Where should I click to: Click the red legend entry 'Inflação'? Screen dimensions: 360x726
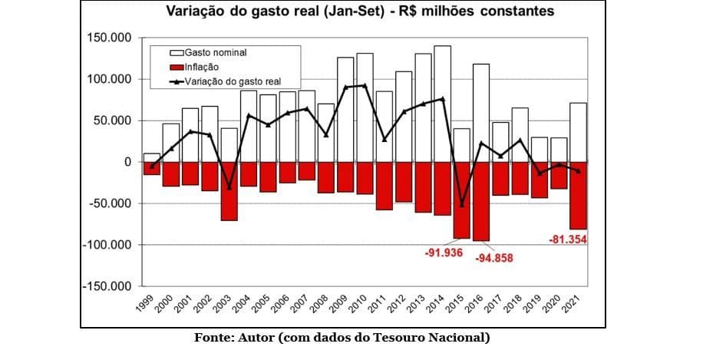[x=202, y=67]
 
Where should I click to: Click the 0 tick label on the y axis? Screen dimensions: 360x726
[x=128, y=162]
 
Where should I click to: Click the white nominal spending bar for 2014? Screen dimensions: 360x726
[x=442, y=104]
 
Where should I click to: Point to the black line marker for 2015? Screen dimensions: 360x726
[x=462, y=205]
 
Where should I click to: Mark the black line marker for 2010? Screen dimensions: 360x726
[x=365, y=86]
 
